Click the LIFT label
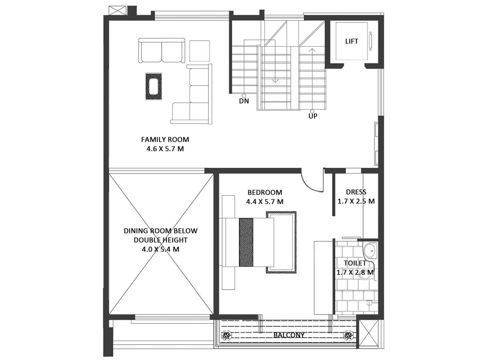click(x=352, y=41)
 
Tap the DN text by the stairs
click(x=244, y=101)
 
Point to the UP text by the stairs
click(x=313, y=116)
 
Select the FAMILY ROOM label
click(x=165, y=139)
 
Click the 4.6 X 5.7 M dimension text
click(x=165, y=149)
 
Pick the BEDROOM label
click(x=265, y=192)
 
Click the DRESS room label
click(x=356, y=192)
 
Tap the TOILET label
click(x=355, y=263)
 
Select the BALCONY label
click(x=289, y=335)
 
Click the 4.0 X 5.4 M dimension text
click(x=161, y=249)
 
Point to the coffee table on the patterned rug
click(x=154, y=86)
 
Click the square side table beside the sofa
click(x=199, y=51)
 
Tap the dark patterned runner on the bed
click(x=246, y=242)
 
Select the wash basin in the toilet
click(x=371, y=251)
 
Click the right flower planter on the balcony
click(x=348, y=335)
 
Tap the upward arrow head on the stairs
click(x=312, y=50)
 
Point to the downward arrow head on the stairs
click(x=275, y=81)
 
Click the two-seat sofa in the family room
click(x=162, y=51)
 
